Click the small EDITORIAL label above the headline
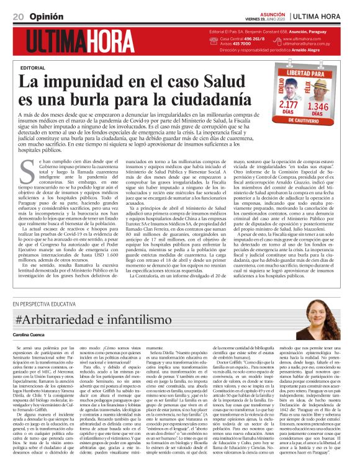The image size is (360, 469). click(33, 66)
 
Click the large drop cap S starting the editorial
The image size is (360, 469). click(26, 167)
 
